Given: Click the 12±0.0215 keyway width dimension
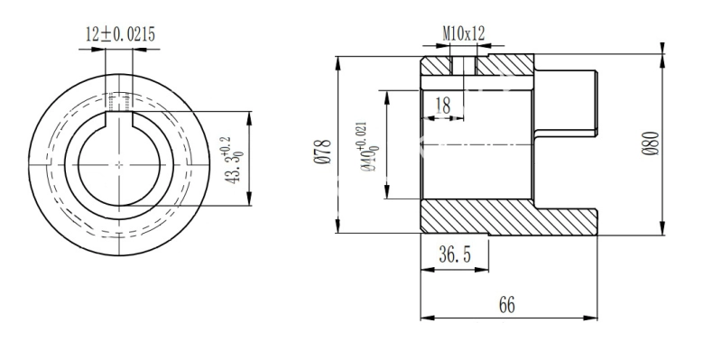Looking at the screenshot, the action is (x=121, y=34).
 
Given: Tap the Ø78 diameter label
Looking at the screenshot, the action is (x=324, y=152).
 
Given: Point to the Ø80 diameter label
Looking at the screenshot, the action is (x=651, y=143).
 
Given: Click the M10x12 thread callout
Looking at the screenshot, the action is (x=464, y=33).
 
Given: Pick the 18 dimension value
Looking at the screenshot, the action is (x=442, y=106).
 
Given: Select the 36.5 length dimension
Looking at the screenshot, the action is (x=455, y=254).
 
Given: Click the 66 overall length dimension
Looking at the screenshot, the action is (x=506, y=305).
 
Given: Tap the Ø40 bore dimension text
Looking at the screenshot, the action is (x=370, y=147).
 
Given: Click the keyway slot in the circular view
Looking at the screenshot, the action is (x=119, y=119).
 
